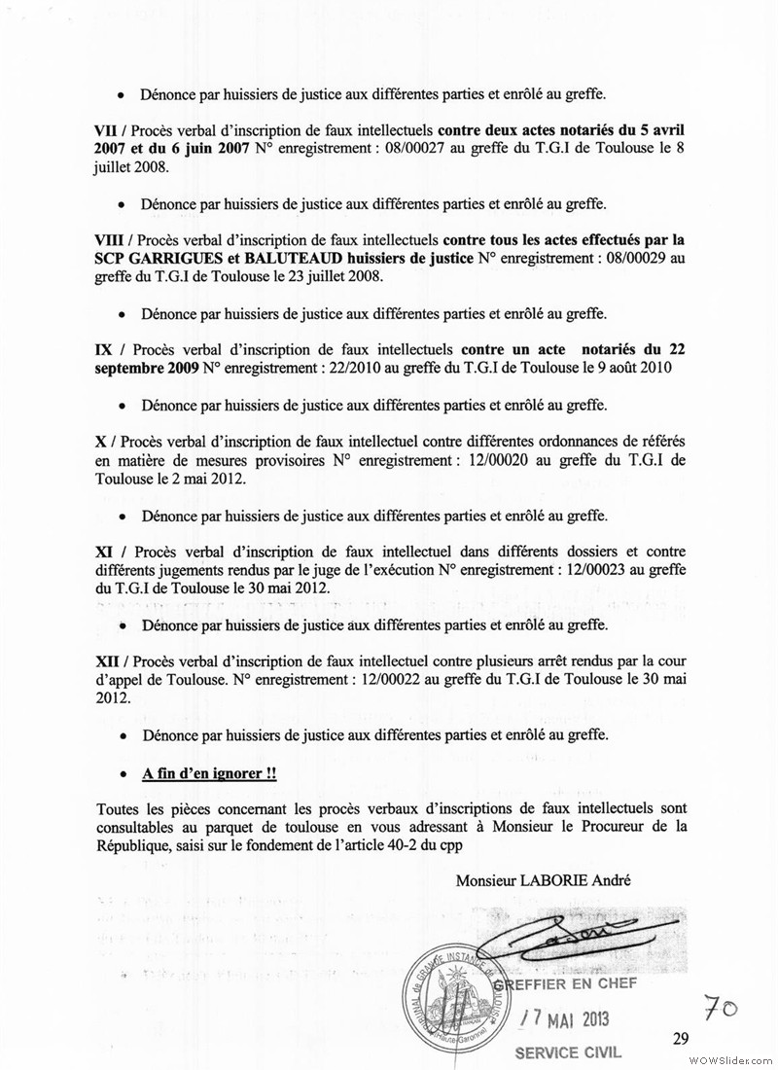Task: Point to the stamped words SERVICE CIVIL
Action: [567, 1052]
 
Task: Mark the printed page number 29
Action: [680, 1038]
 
